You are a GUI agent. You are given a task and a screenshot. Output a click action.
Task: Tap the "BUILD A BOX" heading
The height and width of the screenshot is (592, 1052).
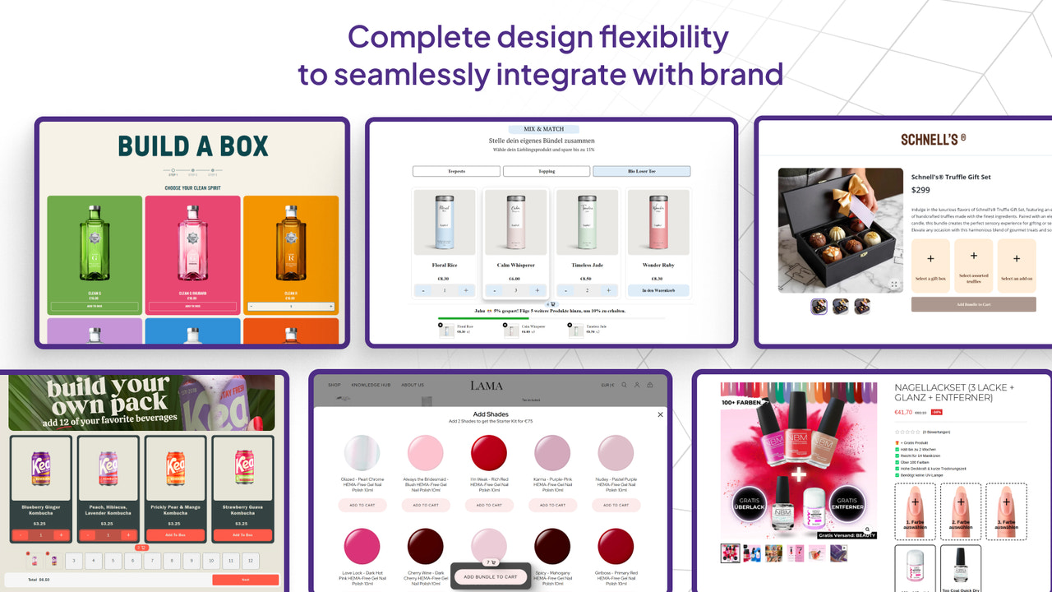click(x=193, y=146)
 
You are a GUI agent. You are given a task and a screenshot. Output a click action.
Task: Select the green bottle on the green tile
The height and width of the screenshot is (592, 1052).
click(x=95, y=243)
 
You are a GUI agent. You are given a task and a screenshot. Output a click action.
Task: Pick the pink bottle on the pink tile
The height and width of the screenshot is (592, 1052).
click(x=192, y=243)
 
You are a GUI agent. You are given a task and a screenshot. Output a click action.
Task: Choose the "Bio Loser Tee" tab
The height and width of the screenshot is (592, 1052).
click(x=641, y=171)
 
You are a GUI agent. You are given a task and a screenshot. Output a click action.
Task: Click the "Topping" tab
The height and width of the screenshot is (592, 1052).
click(x=547, y=171)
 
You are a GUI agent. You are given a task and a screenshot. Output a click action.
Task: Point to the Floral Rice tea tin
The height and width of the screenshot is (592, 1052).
click(x=444, y=223)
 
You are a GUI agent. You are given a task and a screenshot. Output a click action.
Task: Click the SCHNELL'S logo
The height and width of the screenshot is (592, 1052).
click(x=933, y=139)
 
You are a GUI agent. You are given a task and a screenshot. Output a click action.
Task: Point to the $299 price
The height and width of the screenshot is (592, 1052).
click(x=920, y=190)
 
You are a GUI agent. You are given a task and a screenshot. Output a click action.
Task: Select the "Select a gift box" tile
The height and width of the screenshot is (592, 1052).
click(x=931, y=265)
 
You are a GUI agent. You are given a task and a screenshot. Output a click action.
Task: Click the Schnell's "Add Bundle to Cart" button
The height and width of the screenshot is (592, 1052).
click(x=973, y=304)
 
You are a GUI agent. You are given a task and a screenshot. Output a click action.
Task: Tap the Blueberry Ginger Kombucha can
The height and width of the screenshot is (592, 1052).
click(x=41, y=469)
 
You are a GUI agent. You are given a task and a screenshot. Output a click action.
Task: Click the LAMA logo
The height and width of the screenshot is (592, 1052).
click(x=486, y=385)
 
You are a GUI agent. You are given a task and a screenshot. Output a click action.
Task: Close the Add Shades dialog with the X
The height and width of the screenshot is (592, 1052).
click(x=660, y=414)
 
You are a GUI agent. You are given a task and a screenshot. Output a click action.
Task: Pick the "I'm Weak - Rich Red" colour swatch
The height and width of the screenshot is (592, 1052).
click(x=488, y=453)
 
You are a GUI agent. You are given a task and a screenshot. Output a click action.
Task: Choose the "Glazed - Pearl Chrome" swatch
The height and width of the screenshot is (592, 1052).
click(x=362, y=453)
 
